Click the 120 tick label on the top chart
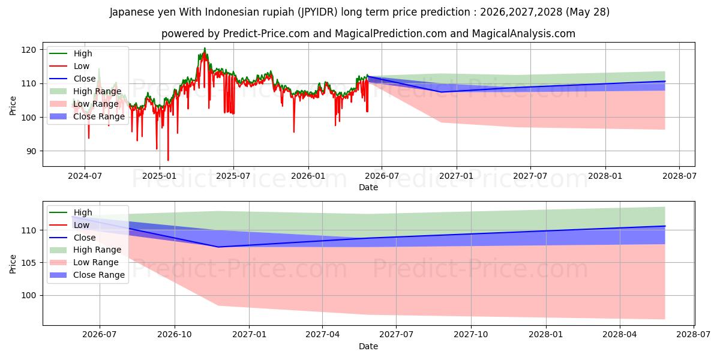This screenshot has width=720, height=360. point(29,50)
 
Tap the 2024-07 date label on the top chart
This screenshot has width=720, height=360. point(85,176)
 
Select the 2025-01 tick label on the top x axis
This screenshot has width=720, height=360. point(160,176)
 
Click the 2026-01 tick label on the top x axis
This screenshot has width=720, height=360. point(308,176)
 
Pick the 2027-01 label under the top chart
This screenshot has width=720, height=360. point(457,176)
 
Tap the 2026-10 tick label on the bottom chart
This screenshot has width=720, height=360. point(175,335)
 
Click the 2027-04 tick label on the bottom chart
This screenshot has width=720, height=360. point(322,335)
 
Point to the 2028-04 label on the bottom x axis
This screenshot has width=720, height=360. point(620,335)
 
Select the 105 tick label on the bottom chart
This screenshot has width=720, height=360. point(29,263)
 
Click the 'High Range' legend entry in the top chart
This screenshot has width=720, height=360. point(85,91)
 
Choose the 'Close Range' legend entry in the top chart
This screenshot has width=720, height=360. point(87,116)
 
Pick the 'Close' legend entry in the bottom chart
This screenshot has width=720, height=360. point(73,238)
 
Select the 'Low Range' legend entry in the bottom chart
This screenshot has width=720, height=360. point(84,262)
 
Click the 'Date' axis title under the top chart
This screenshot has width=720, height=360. point(368,187)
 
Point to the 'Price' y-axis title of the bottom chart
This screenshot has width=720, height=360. point(13,264)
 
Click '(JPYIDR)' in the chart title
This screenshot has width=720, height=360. point(317,12)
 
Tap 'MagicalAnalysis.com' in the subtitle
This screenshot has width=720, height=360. point(524,34)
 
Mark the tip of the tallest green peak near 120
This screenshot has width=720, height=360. point(205,48)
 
